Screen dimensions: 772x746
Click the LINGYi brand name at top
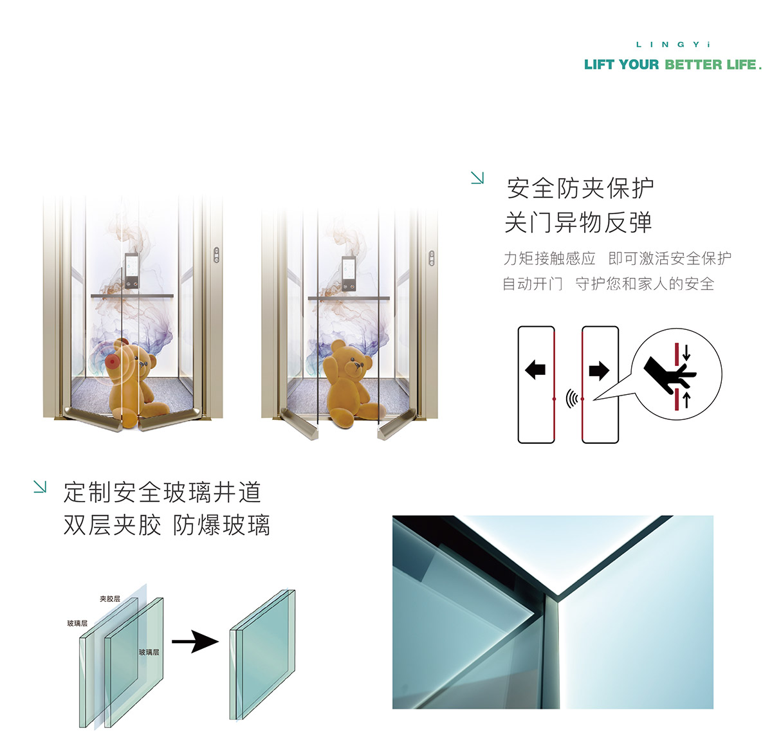click(x=672, y=44)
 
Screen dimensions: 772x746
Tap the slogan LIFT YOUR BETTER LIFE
click(x=672, y=64)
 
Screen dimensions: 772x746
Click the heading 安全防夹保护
click(x=580, y=188)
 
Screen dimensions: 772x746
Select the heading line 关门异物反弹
click(x=578, y=223)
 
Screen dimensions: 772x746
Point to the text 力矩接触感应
click(x=549, y=258)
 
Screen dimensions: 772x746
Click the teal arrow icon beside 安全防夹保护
click(x=477, y=177)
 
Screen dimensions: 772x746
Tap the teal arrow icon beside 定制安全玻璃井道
click(x=40, y=487)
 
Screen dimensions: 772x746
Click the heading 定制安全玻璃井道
click(x=162, y=492)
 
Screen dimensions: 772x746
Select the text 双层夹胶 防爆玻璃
click(x=167, y=525)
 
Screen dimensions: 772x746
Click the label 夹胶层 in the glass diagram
click(x=110, y=599)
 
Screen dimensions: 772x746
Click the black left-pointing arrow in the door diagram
click(x=535, y=370)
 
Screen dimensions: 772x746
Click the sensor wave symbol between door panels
click(x=571, y=398)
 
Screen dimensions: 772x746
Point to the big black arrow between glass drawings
click(x=195, y=641)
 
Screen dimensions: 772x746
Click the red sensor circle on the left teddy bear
click(x=113, y=361)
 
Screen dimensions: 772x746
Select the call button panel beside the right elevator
click(x=432, y=258)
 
